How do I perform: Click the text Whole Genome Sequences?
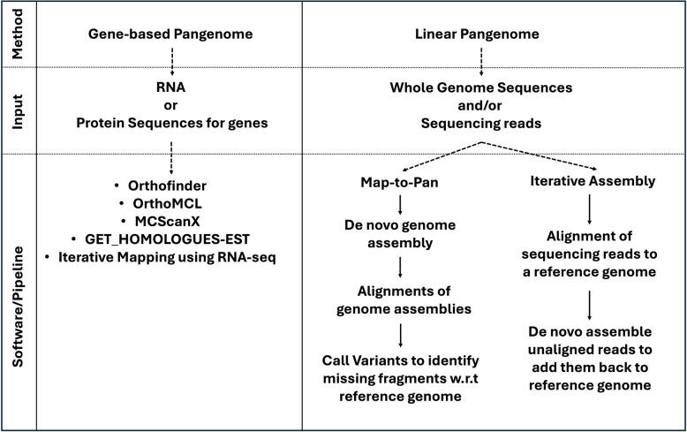479,88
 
